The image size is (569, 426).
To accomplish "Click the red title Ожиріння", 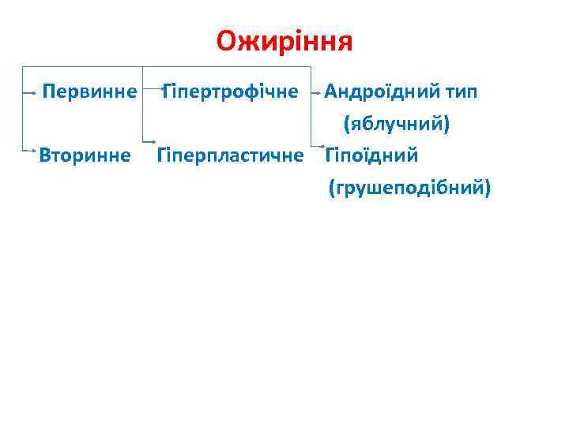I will coord(284,40).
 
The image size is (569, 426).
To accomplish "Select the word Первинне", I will coord(89,92).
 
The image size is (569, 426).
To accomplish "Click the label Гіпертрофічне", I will coord(230,92).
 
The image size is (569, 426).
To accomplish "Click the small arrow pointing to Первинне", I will coord(31,92).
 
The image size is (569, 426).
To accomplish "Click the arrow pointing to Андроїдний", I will coord(318,92).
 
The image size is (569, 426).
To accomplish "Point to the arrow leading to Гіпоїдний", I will coord(320,145).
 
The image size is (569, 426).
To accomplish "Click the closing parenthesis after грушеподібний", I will coord(487,187).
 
